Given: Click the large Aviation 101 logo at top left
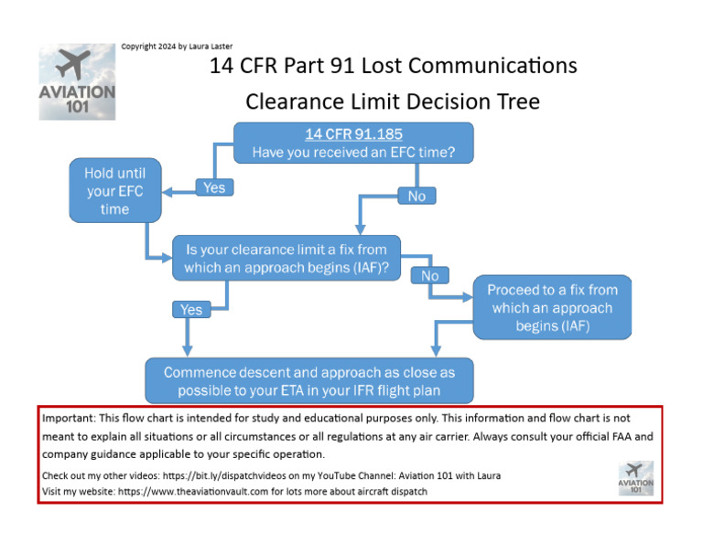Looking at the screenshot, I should [77, 82].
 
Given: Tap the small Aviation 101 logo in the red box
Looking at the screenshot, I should [636, 477].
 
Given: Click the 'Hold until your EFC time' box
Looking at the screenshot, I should [114, 191].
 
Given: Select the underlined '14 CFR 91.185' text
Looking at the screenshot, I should [353, 134].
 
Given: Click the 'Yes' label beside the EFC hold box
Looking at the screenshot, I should [214, 187].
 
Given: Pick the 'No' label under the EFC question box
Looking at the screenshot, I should [416, 196].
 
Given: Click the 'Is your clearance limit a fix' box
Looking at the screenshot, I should [287, 258].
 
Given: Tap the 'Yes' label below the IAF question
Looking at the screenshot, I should [190, 310].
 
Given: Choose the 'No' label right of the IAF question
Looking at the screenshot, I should [429, 275].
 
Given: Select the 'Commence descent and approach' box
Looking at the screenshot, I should [308, 380].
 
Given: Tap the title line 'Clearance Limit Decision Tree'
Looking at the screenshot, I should [392, 101].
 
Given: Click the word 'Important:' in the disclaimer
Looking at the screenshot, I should [69, 417].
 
